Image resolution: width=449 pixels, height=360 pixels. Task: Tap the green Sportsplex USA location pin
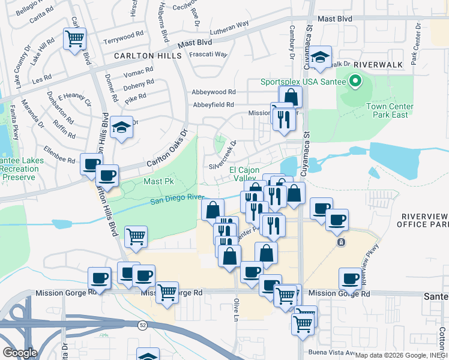point(355,80)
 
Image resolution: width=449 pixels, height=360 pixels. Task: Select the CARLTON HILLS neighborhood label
point(148,55)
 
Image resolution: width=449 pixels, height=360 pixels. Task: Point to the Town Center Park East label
point(387,110)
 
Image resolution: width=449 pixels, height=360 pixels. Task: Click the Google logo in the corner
point(20,352)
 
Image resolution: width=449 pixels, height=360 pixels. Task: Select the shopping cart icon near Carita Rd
point(75,40)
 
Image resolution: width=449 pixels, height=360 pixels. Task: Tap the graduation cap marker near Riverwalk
point(321,57)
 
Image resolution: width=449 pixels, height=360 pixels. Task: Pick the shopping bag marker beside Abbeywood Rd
point(291,96)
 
